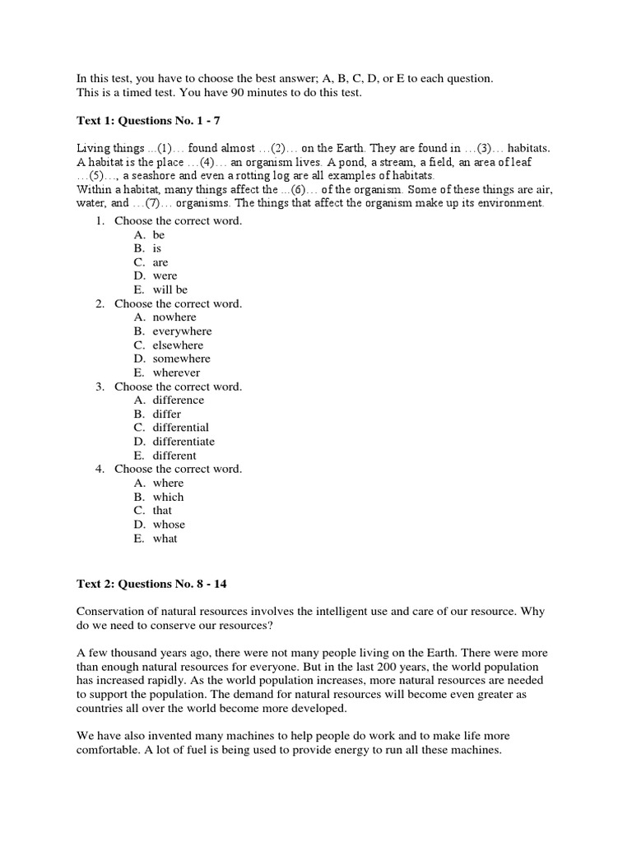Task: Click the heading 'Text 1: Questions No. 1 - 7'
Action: point(148,121)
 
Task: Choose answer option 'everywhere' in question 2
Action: point(182,331)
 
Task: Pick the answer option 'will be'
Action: point(170,289)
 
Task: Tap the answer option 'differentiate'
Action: point(184,442)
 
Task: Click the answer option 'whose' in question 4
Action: point(169,525)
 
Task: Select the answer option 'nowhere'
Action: point(174,317)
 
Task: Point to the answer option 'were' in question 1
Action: point(165,276)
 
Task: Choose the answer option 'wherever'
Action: point(176,372)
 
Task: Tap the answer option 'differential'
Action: point(180,428)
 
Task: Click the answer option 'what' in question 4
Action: point(165,539)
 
